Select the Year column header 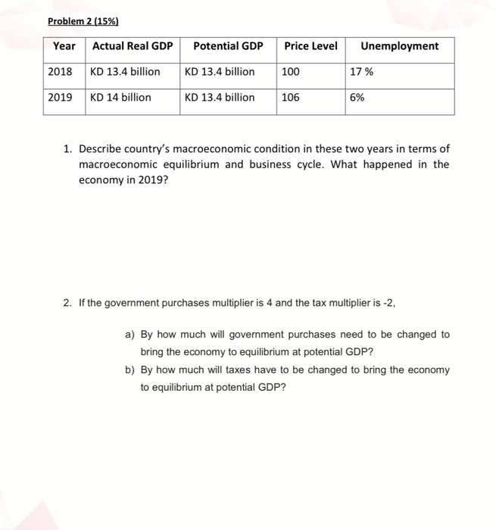pyautogui.click(x=64, y=46)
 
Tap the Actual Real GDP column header pyautogui.click(x=133, y=46)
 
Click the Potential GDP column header pyautogui.click(x=228, y=46)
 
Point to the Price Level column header pyautogui.click(x=310, y=46)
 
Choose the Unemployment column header pyautogui.click(x=399, y=46)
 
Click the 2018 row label pyautogui.click(x=61, y=72)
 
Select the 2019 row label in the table pyautogui.click(x=61, y=98)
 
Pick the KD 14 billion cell pyautogui.click(x=120, y=98)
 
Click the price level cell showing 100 pyautogui.click(x=291, y=72)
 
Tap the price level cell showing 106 pyautogui.click(x=291, y=98)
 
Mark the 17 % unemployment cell pyautogui.click(x=362, y=72)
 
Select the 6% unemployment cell pyautogui.click(x=358, y=98)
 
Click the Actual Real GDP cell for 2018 pyautogui.click(x=125, y=72)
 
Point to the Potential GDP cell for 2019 pyautogui.click(x=220, y=98)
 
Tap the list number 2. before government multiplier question pyautogui.click(x=68, y=304)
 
